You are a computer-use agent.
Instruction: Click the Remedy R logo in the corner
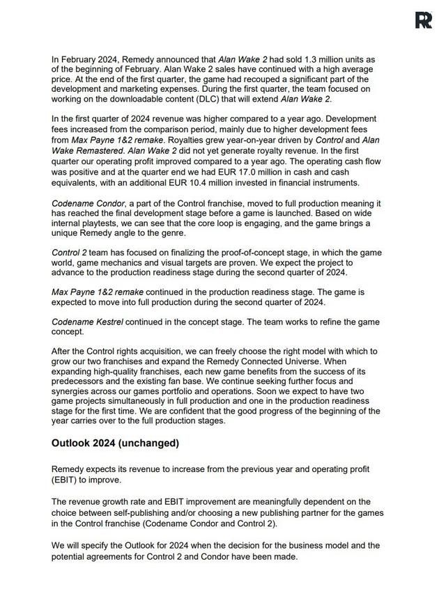pos(423,20)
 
